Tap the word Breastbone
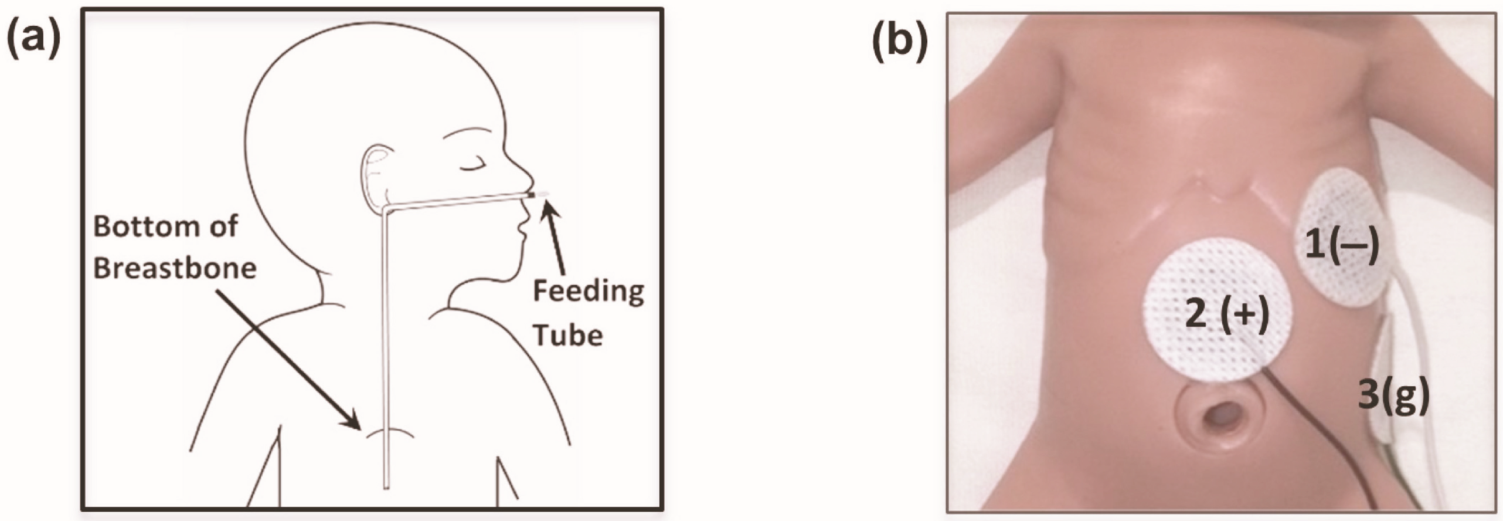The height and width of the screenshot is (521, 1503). (175, 268)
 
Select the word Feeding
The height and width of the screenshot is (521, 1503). (588, 292)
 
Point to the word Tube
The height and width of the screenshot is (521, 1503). (568, 335)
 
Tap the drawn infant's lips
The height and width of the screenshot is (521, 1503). (520, 227)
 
